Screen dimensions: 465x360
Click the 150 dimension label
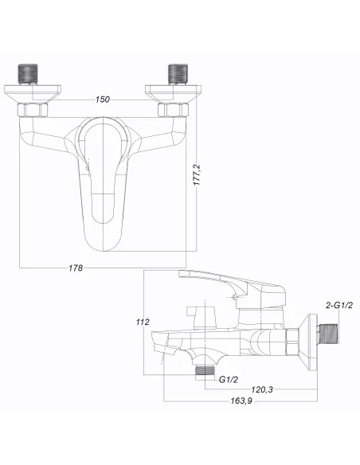pos(103,100)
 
